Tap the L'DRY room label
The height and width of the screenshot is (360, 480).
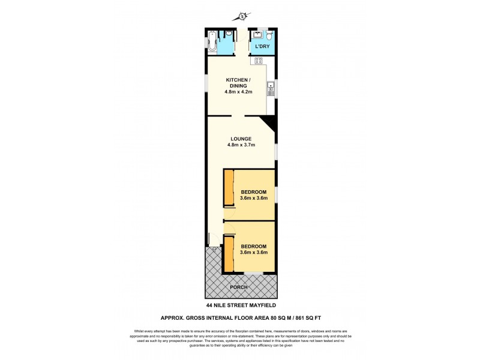262,47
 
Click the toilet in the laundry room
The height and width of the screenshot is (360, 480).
269,35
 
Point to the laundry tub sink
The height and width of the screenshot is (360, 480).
257,34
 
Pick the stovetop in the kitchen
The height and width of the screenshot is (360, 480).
259,60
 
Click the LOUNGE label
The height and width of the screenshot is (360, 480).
240,139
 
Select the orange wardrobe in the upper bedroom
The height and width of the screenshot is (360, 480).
228,189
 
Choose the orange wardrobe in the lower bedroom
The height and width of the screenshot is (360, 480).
228,254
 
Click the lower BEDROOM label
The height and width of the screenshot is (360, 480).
253,246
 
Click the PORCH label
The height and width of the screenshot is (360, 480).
239,287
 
